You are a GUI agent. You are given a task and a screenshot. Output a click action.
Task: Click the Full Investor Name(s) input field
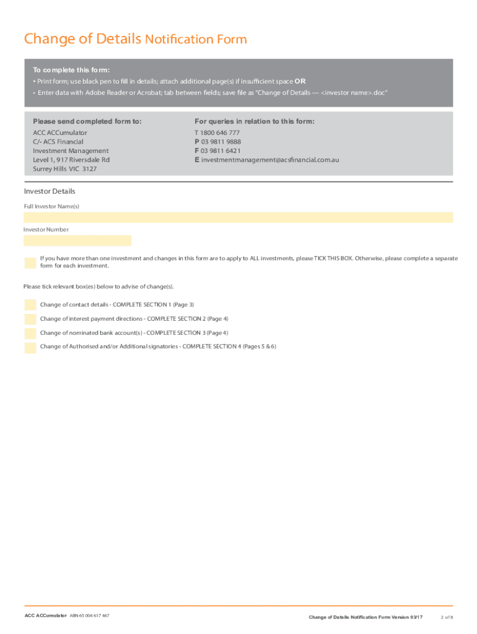click(239, 217)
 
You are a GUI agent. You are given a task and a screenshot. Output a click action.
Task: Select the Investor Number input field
click(77, 241)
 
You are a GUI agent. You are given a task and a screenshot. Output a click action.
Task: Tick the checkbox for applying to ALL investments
click(30, 263)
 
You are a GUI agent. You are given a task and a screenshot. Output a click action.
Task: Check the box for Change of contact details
click(30, 305)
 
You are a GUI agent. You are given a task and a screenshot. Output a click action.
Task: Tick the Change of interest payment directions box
click(30, 319)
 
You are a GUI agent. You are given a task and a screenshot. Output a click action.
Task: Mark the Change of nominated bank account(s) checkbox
click(30, 333)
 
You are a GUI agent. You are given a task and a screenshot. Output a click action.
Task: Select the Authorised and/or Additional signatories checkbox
click(30, 347)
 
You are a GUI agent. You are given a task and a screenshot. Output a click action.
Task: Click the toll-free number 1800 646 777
click(220, 133)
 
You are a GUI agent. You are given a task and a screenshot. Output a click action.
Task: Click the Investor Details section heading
click(50, 192)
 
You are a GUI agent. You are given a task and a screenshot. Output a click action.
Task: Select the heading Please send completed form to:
click(87, 121)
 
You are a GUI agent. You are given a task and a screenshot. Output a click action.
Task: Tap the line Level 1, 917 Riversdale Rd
click(71, 160)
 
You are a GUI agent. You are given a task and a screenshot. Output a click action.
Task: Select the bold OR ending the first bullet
click(300, 81)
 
